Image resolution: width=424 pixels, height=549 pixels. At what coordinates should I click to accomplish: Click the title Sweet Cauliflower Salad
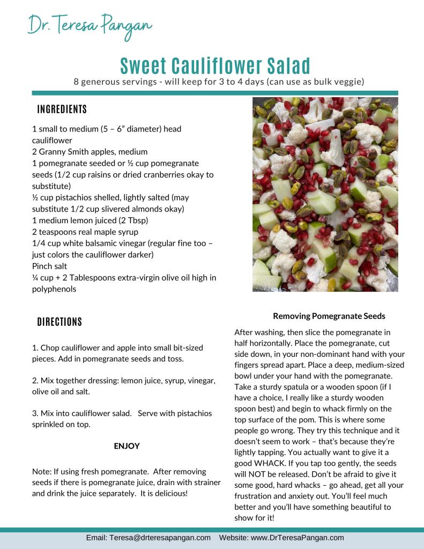pos(215,65)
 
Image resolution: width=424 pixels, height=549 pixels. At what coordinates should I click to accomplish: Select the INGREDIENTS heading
pos(62,109)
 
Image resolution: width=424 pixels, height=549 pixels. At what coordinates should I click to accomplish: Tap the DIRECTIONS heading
pos(59,322)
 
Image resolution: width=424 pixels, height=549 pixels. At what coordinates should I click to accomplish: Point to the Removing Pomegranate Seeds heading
pos(329,316)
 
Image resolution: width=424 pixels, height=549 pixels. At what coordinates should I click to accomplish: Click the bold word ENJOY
pos(127,445)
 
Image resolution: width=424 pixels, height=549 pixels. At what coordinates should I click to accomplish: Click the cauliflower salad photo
pos(325,194)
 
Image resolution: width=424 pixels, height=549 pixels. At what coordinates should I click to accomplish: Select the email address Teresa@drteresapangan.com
pos(160,538)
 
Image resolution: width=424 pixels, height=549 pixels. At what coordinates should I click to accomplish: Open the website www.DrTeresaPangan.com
pos(297,538)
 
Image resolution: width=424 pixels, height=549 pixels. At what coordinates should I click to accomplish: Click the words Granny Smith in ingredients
pos(59,152)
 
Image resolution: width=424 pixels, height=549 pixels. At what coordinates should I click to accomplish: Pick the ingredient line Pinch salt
pos(50,266)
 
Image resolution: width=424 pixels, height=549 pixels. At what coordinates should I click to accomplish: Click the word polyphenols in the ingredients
pos(54,289)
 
